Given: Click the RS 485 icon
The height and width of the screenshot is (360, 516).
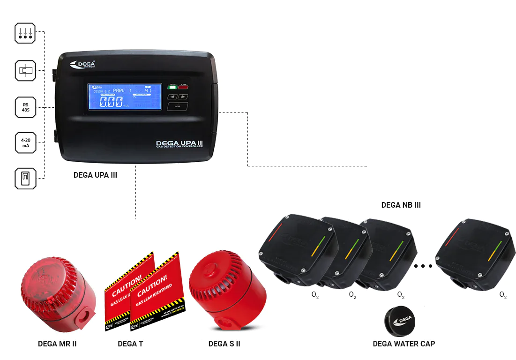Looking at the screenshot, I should click(25, 107).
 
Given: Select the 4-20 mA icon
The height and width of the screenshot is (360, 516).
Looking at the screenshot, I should click(25, 142).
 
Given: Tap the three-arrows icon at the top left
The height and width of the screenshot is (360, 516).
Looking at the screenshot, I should click(25, 33).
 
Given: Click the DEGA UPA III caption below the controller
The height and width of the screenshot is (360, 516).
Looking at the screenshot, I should click(95, 175).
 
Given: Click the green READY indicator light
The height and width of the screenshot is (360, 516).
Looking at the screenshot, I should click(172, 87).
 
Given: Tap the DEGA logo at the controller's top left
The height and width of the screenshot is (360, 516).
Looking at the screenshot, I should click(82, 65).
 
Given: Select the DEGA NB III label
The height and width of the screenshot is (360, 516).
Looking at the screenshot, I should click(401, 205).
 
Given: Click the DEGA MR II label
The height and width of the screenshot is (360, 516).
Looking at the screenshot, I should click(57, 344).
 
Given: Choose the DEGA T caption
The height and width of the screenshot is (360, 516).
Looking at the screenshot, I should click(130, 344).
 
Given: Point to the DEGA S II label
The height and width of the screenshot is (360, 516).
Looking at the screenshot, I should click(224, 344).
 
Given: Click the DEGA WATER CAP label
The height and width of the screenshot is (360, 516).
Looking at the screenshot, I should click(404, 344).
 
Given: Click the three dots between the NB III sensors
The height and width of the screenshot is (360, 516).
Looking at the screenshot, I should click(423, 266).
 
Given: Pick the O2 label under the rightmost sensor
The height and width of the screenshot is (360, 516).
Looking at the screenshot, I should click(503, 295).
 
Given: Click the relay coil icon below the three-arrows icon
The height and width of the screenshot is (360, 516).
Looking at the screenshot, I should click(25, 70).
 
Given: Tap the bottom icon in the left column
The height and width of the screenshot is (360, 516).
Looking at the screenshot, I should click(25, 178).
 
